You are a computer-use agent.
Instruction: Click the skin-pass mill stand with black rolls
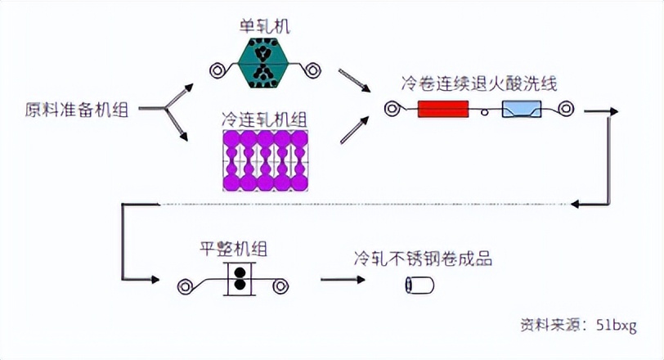tap(240, 279)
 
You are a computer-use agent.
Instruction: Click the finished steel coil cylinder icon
tap(419, 285)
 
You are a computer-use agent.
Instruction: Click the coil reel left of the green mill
tap(217, 70)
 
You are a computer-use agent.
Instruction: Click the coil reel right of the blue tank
tap(566, 109)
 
